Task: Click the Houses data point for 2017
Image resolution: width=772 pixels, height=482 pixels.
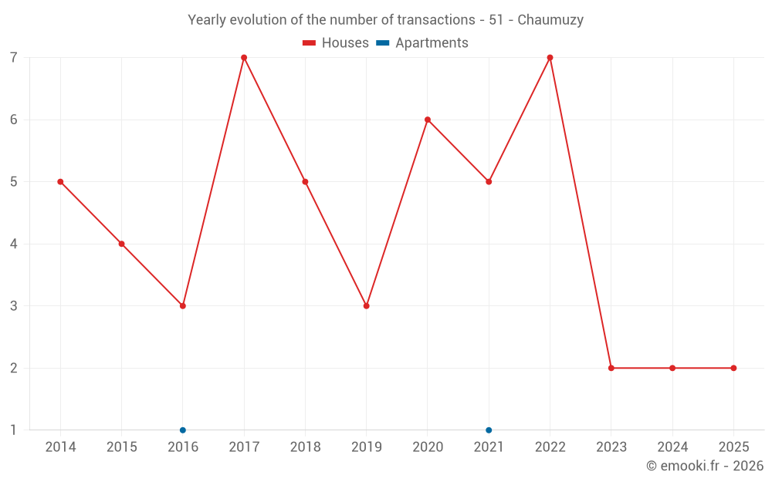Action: point(244,58)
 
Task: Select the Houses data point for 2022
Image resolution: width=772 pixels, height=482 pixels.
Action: point(550,58)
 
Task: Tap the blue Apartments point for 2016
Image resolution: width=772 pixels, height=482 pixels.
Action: point(183,430)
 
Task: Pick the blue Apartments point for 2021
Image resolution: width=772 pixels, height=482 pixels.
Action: point(489,430)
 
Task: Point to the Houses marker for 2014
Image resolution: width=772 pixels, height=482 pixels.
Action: point(60,182)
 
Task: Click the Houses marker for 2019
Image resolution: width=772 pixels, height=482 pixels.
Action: point(367,306)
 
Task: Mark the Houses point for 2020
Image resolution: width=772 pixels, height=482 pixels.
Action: point(428,120)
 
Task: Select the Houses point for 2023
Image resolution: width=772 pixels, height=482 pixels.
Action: point(611,368)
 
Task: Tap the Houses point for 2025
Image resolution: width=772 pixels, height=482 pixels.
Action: point(733,368)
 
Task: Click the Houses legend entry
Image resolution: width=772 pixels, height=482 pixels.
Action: point(336,43)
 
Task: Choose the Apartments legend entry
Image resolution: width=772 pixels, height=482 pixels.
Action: point(422,43)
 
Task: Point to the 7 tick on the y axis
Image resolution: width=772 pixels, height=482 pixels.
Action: point(14,58)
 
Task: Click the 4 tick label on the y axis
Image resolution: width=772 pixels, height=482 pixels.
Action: point(14,244)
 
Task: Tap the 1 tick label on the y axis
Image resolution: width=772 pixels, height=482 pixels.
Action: point(14,430)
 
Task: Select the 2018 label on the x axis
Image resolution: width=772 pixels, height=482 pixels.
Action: point(305,447)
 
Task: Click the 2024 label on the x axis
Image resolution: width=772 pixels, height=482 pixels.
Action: point(672,447)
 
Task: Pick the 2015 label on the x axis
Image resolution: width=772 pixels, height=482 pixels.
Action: point(122,447)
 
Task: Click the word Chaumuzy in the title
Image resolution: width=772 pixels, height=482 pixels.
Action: point(550,20)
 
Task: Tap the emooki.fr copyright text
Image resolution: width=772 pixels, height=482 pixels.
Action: point(705,466)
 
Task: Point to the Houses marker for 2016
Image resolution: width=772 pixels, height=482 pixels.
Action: point(183,306)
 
